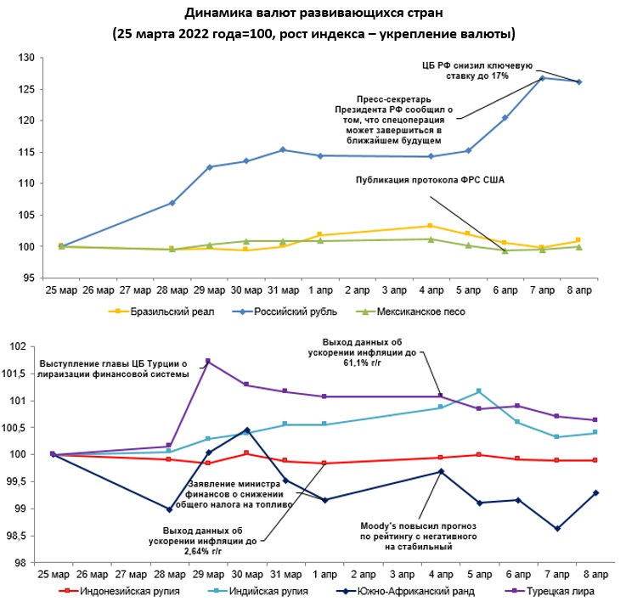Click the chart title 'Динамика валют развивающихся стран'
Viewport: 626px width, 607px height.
[x=313, y=14]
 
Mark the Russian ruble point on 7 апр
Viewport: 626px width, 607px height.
[x=542, y=78]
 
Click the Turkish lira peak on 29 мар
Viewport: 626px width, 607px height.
[x=208, y=362]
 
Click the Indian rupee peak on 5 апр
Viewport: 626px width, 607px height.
[x=479, y=391]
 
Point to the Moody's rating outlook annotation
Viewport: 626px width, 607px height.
[x=417, y=537]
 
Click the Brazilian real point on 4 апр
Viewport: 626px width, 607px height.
[x=431, y=226]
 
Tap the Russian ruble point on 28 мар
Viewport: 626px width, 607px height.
[x=172, y=203]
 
